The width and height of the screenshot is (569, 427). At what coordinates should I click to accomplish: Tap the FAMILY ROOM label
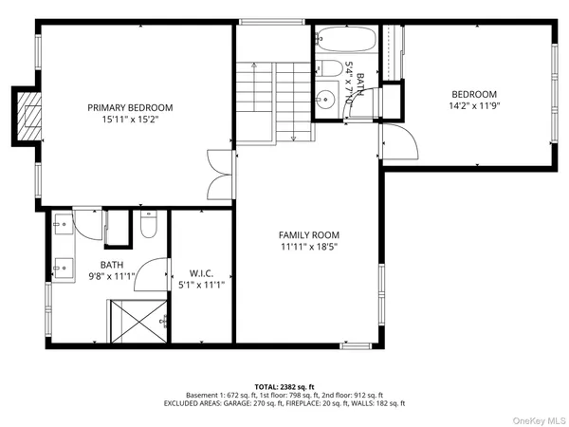tap(308, 234)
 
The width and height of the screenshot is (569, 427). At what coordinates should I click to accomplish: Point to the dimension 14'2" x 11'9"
tap(474, 105)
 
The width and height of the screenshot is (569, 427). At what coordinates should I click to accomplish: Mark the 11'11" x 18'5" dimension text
tap(308, 247)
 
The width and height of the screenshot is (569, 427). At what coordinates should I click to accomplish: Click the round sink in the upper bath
tap(326, 98)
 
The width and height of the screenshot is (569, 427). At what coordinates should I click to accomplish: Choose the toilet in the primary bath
tap(149, 226)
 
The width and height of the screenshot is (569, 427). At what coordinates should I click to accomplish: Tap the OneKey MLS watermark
tap(541, 418)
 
